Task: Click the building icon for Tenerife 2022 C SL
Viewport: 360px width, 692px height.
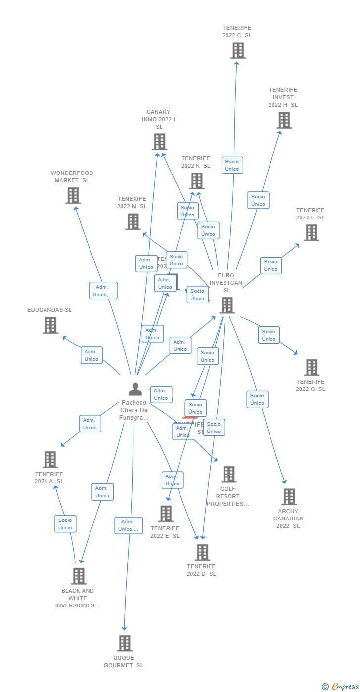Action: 238,50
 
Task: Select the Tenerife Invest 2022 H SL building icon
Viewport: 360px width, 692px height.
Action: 284,120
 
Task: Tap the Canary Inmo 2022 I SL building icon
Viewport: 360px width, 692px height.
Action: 159,142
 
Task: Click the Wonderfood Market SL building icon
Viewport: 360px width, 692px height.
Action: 73,196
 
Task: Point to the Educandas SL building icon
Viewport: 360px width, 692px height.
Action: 50,325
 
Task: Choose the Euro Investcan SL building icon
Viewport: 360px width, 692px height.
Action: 227,305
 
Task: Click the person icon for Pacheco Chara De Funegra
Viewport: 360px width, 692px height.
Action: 135,389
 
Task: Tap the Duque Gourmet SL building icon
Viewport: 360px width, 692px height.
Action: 125,644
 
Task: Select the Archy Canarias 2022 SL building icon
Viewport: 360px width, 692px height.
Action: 289,497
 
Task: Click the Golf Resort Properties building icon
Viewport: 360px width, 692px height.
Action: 228,475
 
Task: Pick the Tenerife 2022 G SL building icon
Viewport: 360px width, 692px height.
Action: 312,367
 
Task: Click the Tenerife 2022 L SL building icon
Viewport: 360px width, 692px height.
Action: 311,233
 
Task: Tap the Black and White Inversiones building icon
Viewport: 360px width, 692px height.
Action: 79,576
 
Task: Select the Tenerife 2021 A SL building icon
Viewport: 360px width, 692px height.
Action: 50,460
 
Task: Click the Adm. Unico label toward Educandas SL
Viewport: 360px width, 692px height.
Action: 91,355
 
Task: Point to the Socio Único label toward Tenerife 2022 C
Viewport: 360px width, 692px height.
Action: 232,165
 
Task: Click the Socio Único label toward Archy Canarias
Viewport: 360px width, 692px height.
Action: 257,399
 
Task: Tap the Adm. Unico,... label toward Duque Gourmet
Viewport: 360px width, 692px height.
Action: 129,525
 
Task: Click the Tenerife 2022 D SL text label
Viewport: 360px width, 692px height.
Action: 201,570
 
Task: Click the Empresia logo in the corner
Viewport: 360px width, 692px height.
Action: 344,686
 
